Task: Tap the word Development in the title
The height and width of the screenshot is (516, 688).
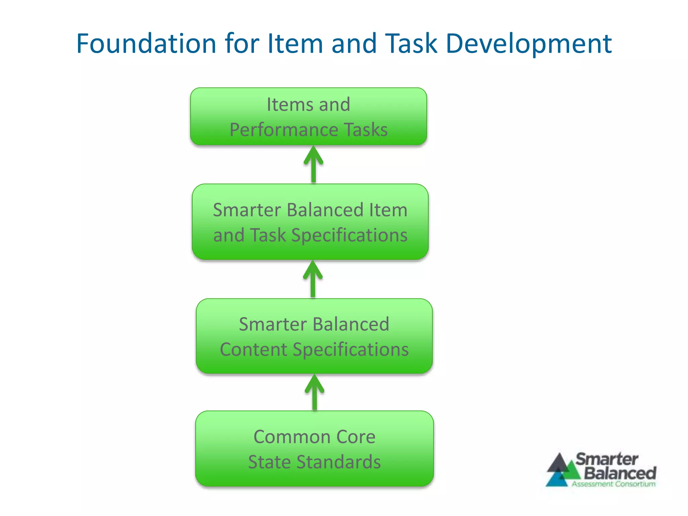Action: coord(528,44)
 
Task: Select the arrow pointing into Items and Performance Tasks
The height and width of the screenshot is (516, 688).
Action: coord(313,164)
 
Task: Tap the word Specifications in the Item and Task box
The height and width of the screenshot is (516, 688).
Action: coord(349,235)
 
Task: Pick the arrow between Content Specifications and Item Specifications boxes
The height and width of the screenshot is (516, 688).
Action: coord(313,279)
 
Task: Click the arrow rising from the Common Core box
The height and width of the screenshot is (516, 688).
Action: coord(314,392)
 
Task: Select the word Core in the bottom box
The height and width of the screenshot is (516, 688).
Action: coord(356,437)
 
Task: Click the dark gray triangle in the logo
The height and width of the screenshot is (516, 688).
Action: coord(558,464)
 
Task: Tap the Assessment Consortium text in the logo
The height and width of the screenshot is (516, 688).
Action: coord(613,484)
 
